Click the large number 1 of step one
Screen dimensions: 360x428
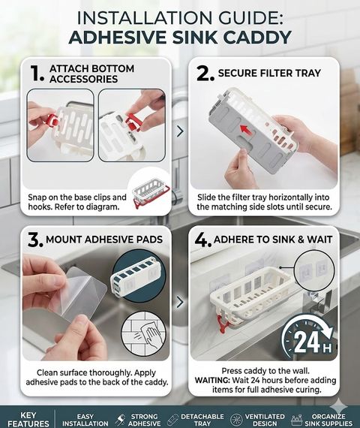(x=37, y=73)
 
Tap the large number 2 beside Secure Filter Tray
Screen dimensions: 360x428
(x=205, y=74)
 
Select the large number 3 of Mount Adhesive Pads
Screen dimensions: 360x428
(x=35, y=240)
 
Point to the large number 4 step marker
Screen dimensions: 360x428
(x=203, y=240)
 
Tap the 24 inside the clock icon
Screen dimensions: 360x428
(x=306, y=342)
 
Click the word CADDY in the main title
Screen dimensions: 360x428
(x=257, y=37)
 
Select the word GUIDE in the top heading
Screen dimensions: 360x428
(x=248, y=17)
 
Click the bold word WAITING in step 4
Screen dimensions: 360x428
(x=212, y=380)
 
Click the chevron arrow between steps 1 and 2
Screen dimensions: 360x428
(x=180, y=131)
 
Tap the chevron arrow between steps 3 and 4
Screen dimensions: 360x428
(x=180, y=302)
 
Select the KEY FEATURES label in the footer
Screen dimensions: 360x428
(x=28, y=420)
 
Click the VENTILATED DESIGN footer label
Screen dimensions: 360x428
(x=265, y=420)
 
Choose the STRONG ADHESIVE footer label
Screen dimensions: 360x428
(x=144, y=420)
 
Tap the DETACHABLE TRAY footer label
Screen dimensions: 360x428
(x=202, y=420)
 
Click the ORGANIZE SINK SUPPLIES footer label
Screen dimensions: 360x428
(x=328, y=420)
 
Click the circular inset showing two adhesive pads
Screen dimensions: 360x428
(x=315, y=270)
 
